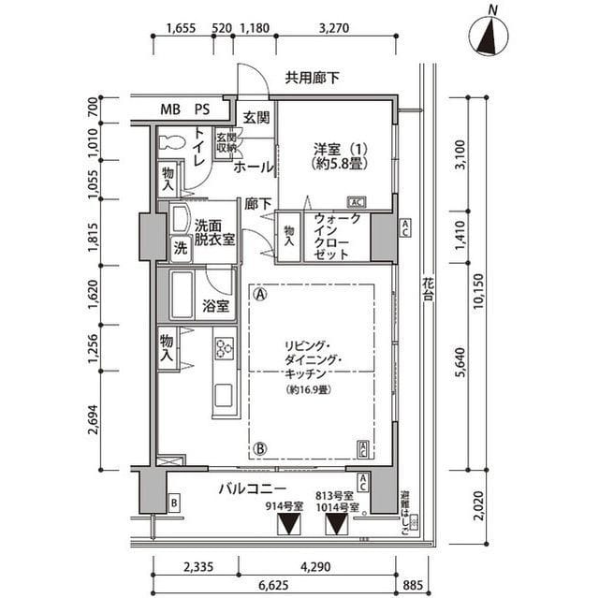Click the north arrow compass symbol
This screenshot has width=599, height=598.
pyautogui.click(x=489, y=36)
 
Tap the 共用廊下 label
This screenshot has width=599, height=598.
pyautogui.click(x=313, y=79)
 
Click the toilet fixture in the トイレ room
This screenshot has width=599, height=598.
pyautogui.click(x=174, y=143)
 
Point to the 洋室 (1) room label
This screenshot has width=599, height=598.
pyautogui.click(x=337, y=155)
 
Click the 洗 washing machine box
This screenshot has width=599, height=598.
pyautogui.click(x=179, y=248)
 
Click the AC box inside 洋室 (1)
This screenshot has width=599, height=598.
pyautogui.click(x=356, y=202)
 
